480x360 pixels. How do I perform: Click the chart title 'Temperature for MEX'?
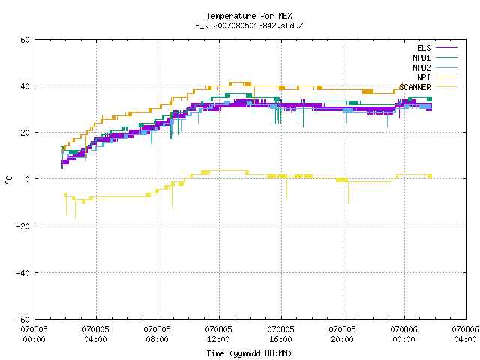[249, 16]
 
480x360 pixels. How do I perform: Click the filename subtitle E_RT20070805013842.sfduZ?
[249, 25]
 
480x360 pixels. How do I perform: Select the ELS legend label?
[424, 48]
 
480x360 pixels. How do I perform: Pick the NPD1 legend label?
[421, 58]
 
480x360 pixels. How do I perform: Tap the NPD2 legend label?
[421, 67]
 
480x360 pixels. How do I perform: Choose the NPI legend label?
[424, 77]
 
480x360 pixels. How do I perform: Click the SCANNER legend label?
[415, 87]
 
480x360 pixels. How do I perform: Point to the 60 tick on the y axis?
[25, 40]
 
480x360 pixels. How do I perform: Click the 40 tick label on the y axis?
[25, 86]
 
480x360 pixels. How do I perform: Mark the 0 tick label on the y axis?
[28, 179]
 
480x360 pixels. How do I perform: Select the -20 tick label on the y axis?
[23, 226]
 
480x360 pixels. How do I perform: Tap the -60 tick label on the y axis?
[23, 319]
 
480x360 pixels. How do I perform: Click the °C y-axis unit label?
[9, 180]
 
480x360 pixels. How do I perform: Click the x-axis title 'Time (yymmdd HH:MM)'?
[249, 353]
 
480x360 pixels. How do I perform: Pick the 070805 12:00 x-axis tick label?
[218, 334]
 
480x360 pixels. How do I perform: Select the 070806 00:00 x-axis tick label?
[403, 334]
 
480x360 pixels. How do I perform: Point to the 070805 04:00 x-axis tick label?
[95, 334]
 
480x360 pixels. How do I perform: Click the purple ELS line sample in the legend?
[446, 48]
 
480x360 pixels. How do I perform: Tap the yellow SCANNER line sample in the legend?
[446, 87]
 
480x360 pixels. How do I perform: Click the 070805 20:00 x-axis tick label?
[342, 334]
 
